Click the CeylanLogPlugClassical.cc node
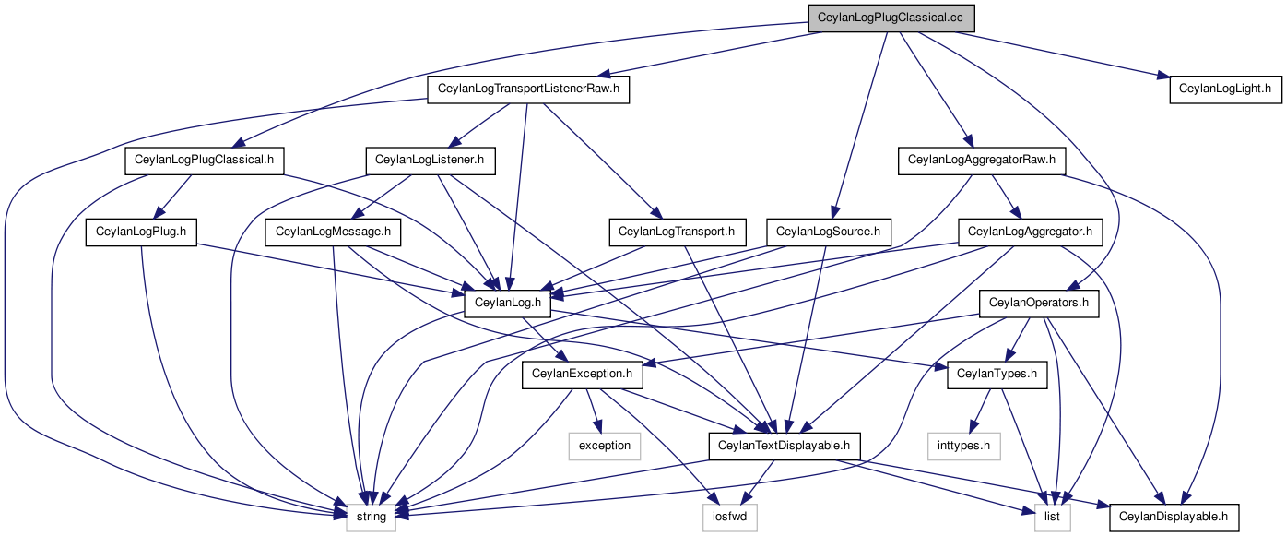pyautogui.click(x=891, y=18)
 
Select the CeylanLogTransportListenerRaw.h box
pyautogui.click(x=528, y=89)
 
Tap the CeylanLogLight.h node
pyautogui.click(x=1225, y=89)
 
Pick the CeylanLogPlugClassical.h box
pyautogui.click(x=205, y=161)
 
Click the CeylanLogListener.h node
pyautogui.click(x=430, y=161)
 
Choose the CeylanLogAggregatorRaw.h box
pyautogui.click(x=982, y=161)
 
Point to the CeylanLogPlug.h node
pyautogui.click(x=141, y=232)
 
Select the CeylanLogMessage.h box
pyautogui.click(x=333, y=232)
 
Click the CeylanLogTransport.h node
pyautogui.click(x=677, y=232)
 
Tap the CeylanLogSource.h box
pyautogui.click(x=829, y=232)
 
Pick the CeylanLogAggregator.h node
pyautogui.click(x=1030, y=232)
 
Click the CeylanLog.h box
pyautogui.click(x=508, y=304)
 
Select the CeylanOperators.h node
pyautogui.click(x=1039, y=304)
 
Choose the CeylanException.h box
pyautogui.click(x=582, y=375)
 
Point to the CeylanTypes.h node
pyautogui.click(x=997, y=375)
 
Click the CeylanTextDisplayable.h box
pyautogui.click(x=785, y=447)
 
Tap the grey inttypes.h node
pyautogui.click(x=964, y=447)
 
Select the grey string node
pyautogui.click(x=371, y=517)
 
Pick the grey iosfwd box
pyautogui.click(x=730, y=517)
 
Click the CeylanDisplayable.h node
pyautogui.click(x=1174, y=517)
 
